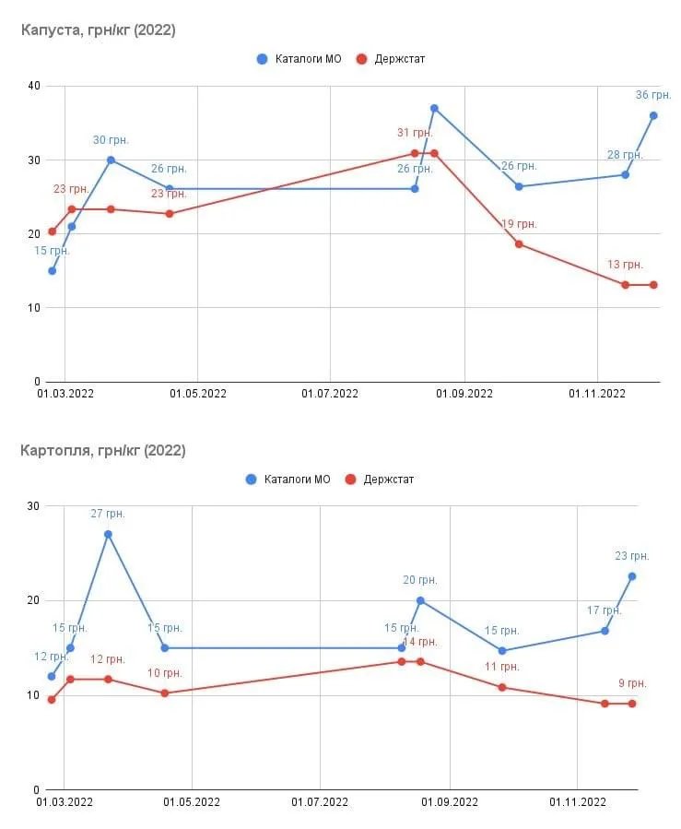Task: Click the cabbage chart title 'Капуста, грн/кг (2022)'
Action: click(x=98, y=30)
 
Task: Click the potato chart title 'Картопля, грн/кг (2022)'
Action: click(x=102, y=451)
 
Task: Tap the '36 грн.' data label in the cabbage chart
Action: click(x=653, y=95)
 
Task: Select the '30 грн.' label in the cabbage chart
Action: click(x=111, y=140)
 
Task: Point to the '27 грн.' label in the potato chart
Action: click(x=108, y=514)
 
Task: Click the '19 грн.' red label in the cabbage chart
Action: click(x=519, y=224)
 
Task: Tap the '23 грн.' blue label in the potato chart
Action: click(x=632, y=556)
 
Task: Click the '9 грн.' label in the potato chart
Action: click(x=632, y=683)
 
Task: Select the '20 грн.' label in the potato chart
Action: click(x=420, y=580)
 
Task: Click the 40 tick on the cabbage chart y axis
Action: click(x=33, y=87)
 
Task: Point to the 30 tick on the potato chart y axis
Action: click(x=33, y=506)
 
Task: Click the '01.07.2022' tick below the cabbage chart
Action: click(x=330, y=394)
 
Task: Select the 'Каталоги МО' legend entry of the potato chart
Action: click(x=288, y=480)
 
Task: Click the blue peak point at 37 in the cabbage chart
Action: click(x=434, y=108)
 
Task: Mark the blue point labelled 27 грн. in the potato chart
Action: click(x=108, y=534)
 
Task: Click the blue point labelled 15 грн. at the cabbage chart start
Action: click(x=52, y=271)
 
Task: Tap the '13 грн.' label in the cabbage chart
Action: click(x=625, y=265)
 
